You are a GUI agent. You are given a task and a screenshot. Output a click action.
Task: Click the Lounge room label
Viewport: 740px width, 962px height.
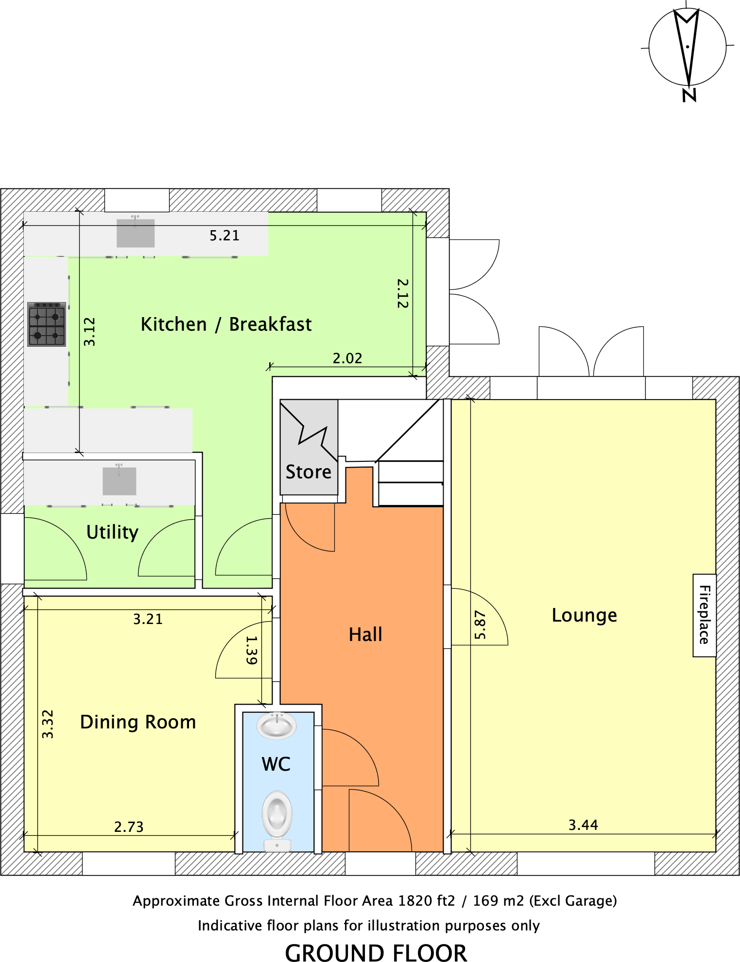click(x=584, y=615)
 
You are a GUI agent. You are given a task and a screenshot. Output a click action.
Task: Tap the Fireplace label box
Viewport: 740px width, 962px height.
click(x=704, y=615)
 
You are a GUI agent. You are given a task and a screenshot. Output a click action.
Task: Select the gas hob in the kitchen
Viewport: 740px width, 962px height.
click(x=47, y=324)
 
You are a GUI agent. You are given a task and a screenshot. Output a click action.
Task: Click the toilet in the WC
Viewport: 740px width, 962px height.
click(x=277, y=818)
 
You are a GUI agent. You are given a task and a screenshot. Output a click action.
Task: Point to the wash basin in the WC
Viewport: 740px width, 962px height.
click(x=276, y=726)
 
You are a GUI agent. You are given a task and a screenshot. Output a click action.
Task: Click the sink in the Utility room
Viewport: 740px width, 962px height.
click(x=119, y=481)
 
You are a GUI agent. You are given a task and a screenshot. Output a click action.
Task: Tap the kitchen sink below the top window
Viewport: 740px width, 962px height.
click(x=135, y=233)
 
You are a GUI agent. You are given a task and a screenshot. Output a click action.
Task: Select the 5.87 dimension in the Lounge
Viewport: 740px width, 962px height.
click(x=480, y=625)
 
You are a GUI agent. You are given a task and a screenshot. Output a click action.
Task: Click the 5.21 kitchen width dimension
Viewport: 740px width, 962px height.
click(x=224, y=236)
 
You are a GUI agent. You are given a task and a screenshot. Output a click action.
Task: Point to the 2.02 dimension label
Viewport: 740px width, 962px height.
click(x=347, y=358)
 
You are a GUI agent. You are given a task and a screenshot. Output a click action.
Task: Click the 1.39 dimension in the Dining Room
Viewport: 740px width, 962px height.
click(x=251, y=650)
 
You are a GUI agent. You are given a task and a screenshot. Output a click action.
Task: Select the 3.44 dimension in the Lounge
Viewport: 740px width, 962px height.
click(x=583, y=825)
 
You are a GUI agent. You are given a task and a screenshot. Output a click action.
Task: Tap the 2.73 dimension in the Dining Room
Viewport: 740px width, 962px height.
click(x=129, y=827)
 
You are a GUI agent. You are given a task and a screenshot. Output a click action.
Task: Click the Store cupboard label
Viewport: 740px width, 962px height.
click(x=308, y=472)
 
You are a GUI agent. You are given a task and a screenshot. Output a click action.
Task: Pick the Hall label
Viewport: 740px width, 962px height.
click(x=365, y=635)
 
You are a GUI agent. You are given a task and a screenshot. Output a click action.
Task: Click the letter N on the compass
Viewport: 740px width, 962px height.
click(x=689, y=95)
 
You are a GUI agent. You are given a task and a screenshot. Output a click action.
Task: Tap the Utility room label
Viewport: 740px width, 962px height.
click(x=112, y=532)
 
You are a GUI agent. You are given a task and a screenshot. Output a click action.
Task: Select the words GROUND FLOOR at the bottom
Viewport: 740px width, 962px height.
click(x=376, y=952)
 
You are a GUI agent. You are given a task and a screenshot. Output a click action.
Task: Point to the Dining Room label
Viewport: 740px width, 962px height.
click(x=138, y=722)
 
